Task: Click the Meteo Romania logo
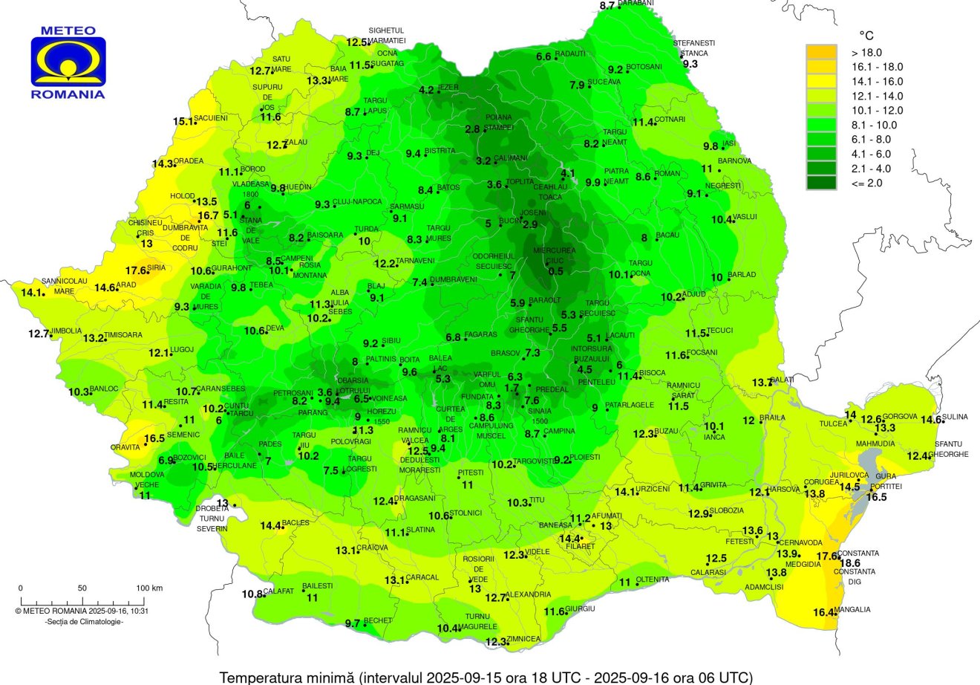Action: (x=68, y=63)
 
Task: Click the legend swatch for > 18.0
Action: (x=821, y=52)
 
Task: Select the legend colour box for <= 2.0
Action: (x=821, y=183)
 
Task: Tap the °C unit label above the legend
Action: (x=866, y=35)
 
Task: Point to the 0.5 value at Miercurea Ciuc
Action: (x=555, y=271)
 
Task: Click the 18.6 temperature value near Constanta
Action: (x=849, y=563)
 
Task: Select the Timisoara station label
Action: (x=122, y=335)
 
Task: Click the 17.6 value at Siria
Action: (x=136, y=270)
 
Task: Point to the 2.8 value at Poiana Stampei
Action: (x=472, y=129)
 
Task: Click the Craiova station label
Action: (x=373, y=548)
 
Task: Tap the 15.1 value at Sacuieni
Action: (x=183, y=121)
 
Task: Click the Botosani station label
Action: (x=638, y=67)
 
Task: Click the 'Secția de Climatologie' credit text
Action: (x=84, y=621)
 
